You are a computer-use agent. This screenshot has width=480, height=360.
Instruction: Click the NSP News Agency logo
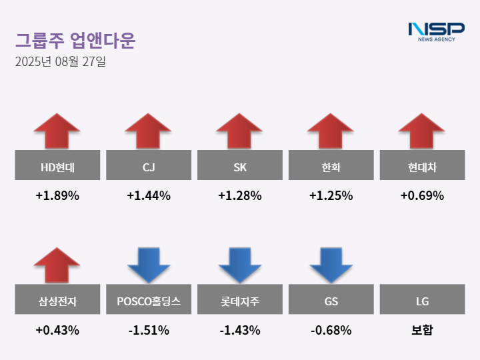click(x=436, y=31)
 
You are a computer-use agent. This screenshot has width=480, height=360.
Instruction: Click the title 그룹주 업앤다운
click(x=75, y=41)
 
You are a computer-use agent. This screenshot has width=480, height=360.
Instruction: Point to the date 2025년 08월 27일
click(x=60, y=62)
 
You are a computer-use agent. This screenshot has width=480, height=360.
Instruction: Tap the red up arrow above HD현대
click(x=57, y=131)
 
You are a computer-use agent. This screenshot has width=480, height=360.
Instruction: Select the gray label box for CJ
click(x=149, y=165)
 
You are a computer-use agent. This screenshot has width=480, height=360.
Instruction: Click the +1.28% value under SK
click(x=240, y=196)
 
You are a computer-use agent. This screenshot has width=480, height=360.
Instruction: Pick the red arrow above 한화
click(x=331, y=131)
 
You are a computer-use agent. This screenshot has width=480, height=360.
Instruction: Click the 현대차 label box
click(x=422, y=165)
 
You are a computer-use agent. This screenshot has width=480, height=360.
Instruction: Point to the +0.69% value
click(x=422, y=196)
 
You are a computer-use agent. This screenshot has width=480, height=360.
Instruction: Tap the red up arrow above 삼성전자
click(x=57, y=265)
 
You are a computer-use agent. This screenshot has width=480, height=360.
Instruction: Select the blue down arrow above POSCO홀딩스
click(x=149, y=265)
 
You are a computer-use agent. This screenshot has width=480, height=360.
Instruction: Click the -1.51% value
click(x=149, y=330)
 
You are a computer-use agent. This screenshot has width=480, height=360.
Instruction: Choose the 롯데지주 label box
click(x=240, y=299)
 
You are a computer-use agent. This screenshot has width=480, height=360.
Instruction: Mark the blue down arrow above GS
click(x=331, y=265)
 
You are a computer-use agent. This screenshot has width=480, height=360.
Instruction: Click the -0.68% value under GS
click(x=331, y=330)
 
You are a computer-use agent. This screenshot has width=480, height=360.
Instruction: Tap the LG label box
click(x=422, y=299)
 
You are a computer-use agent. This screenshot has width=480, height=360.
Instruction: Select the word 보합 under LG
click(x=422, y=330)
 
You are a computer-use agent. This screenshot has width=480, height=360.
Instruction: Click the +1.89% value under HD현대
click(x=57, y=196)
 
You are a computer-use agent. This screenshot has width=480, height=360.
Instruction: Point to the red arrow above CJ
click(x=149, y=131)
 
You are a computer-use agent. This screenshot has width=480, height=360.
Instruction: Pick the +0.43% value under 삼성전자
click(x=57, y=330)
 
